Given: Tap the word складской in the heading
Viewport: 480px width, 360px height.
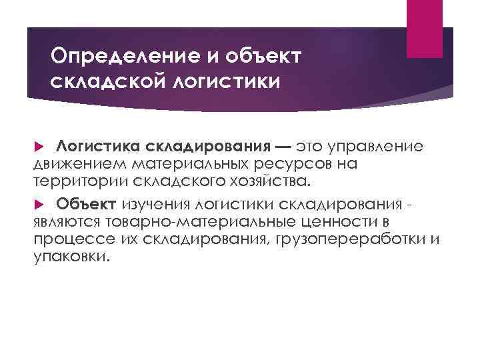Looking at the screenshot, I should point(106,82).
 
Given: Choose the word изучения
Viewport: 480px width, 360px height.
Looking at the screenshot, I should point(152,203).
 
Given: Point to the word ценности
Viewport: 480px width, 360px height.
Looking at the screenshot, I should point(341,221).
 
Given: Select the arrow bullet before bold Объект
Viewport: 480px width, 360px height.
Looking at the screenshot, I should point(38,204).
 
